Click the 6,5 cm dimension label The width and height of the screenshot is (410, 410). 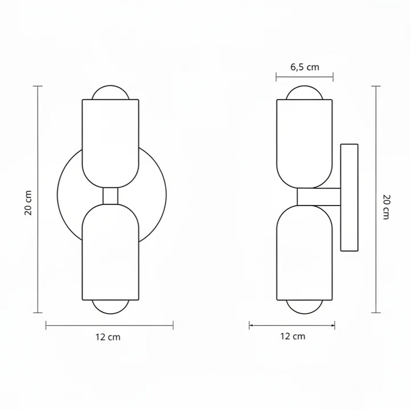pos(305,67)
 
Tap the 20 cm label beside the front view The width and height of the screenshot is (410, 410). pos(28,202)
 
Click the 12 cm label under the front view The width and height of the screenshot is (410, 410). pos(108,337)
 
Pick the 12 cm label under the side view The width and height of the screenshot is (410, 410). pos(292,336)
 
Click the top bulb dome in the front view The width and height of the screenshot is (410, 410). pos(110,93)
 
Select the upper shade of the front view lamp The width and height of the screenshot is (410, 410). pos(110,140)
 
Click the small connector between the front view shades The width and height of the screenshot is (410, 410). pos(110,196)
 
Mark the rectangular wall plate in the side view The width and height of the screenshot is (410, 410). pos(348,198)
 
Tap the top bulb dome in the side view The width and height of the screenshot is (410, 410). pos(305,93)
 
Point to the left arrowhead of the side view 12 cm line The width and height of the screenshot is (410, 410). pos(251,326)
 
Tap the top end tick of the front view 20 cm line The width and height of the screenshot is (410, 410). pos(38,86)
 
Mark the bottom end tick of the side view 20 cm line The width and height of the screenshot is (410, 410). pos(376,313)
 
